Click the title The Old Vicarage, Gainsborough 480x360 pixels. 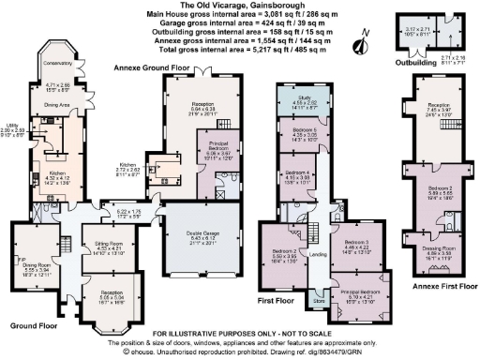239,5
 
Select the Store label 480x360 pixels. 318,302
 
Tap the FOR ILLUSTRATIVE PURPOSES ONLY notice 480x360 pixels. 239,334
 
